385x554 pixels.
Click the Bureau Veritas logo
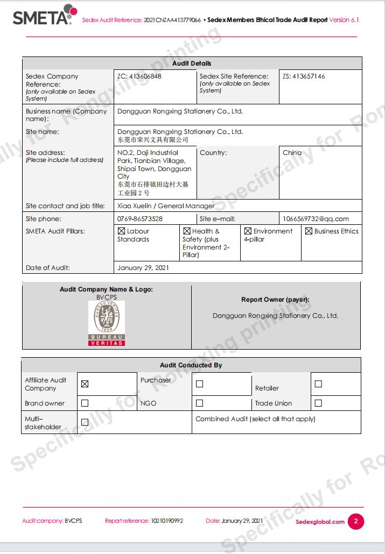point(107,323)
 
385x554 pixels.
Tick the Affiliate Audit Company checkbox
point(85,384)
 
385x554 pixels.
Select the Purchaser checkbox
point(199,384)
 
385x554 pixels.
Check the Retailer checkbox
point(318,384)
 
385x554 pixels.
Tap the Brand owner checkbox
point(85,403)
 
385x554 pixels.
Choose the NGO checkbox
point(199,403)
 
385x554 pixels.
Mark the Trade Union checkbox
point(318,403)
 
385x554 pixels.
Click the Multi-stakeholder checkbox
point(85,422)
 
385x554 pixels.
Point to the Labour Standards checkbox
point(121,231)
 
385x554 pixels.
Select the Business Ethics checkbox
point(309,231)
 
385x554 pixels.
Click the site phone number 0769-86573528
point(140,219)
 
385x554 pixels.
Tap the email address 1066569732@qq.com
point(316,219)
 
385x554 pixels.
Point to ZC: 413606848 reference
point(139,76)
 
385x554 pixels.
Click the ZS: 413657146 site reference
point(304,76)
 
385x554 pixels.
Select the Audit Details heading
point(192,63)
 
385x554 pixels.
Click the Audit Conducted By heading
point(191,365)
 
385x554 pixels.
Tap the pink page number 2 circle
point(355,521)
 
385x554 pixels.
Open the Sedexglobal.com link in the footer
point(320,522)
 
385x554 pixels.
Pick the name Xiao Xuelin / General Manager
point(166,205)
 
